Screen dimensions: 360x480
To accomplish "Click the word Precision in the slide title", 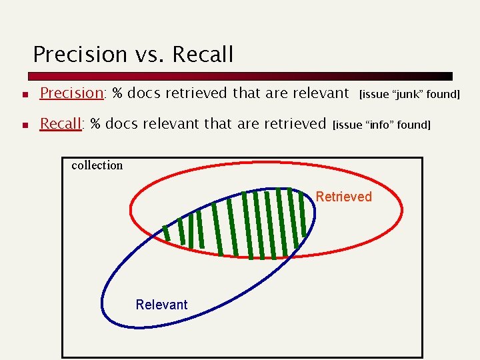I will coord(79,54).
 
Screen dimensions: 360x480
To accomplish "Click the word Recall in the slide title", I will coord(203,54).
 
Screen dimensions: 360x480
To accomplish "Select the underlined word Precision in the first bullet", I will coord(71,93).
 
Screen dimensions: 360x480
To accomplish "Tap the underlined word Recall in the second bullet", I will coord(61,123).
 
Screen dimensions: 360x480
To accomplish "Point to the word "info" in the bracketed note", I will coord(378,125).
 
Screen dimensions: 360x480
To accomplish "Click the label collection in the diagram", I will coord(97,165).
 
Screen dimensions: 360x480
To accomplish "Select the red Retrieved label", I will coord(343,197).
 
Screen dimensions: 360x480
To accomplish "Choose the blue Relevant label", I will coord(161,305).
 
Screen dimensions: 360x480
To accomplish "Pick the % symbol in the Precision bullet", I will coord(117,93).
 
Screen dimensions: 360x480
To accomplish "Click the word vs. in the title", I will coord(149,54).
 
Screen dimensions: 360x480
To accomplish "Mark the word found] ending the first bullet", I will coord(443,94).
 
